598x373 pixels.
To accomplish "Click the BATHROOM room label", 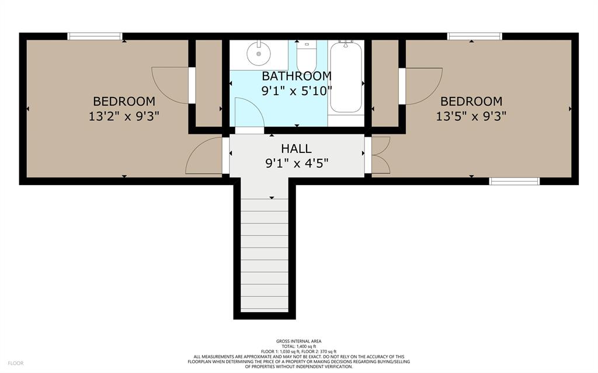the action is pos(297,76).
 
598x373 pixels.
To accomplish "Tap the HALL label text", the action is pos(296,148).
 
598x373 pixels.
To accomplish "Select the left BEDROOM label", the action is pos(124,102).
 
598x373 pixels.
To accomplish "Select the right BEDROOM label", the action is pos(471,102).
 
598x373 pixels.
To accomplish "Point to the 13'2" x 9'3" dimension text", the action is pos(124,116).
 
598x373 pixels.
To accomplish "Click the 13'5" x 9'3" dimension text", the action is pos(471,116).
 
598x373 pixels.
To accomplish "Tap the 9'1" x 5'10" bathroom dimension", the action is pos(297,91).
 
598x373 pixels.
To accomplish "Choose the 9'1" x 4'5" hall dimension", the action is pos(297,163).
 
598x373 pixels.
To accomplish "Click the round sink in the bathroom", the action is pos(258,54).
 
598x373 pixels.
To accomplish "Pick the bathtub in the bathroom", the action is pos(346,77).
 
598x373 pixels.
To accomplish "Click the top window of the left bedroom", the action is pos(95,36).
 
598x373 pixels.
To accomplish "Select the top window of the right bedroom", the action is pos(474,36).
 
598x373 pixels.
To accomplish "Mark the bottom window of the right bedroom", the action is pos(514,181).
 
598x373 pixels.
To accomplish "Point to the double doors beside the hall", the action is pos(381,155).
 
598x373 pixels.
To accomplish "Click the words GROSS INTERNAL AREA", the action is pos(299,341).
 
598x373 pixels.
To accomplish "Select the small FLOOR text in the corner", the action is pos(16,364).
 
